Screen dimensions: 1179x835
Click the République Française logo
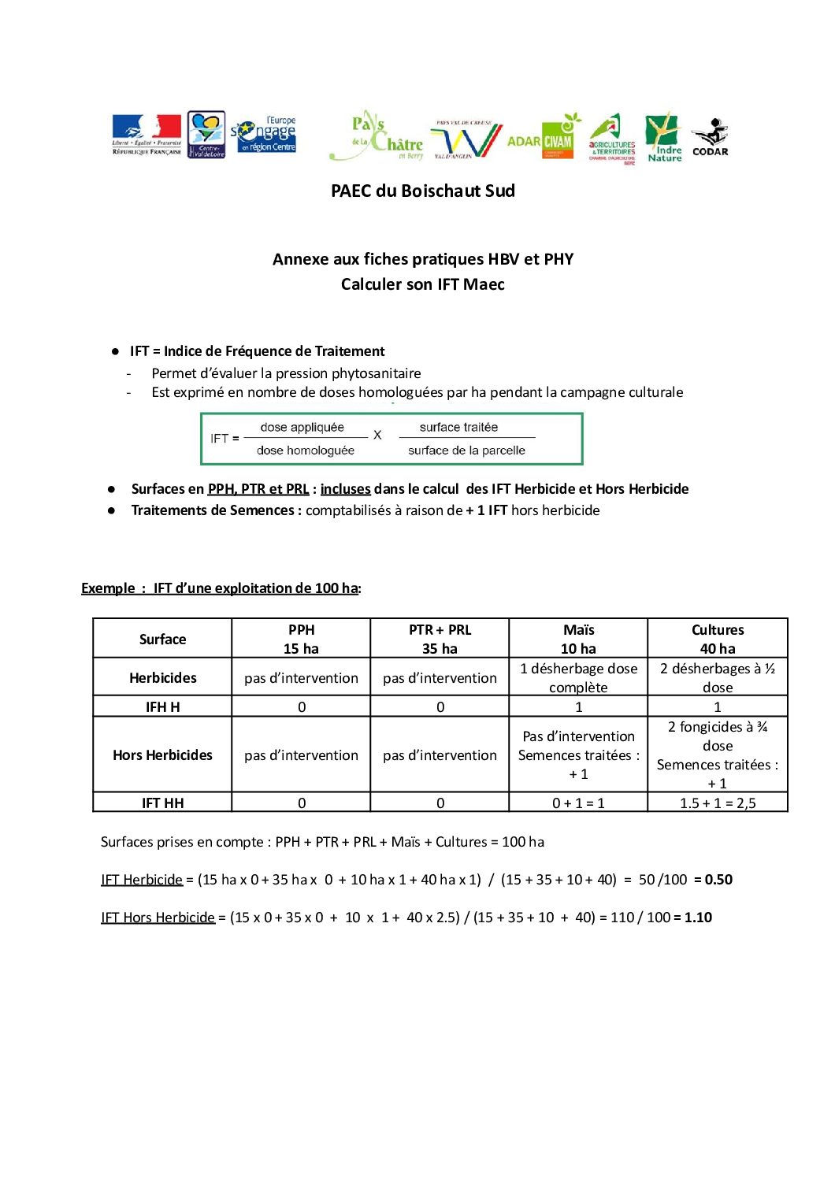click(147, 135)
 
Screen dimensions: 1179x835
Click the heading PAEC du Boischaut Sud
click(423, 191)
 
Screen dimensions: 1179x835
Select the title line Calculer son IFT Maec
click(423, 284)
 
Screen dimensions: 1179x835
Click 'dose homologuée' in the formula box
click(306, 450)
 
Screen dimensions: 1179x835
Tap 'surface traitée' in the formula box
click(458, 427)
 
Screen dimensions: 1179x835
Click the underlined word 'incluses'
click(345, 489)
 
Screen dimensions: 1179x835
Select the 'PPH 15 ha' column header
click(301, 639)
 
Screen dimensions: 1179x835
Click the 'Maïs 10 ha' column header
click(578, 639)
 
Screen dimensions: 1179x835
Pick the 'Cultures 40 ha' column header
click(718, 639)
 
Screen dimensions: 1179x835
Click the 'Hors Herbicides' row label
click(162, 755)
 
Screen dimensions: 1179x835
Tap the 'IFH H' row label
click(162, 706)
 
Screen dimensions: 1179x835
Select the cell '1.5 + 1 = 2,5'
click(718, 803)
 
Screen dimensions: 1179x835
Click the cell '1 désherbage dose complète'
click(578, 677)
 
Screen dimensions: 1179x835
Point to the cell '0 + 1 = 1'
click(578, 803)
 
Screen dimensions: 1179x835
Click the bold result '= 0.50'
click(713, 880)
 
